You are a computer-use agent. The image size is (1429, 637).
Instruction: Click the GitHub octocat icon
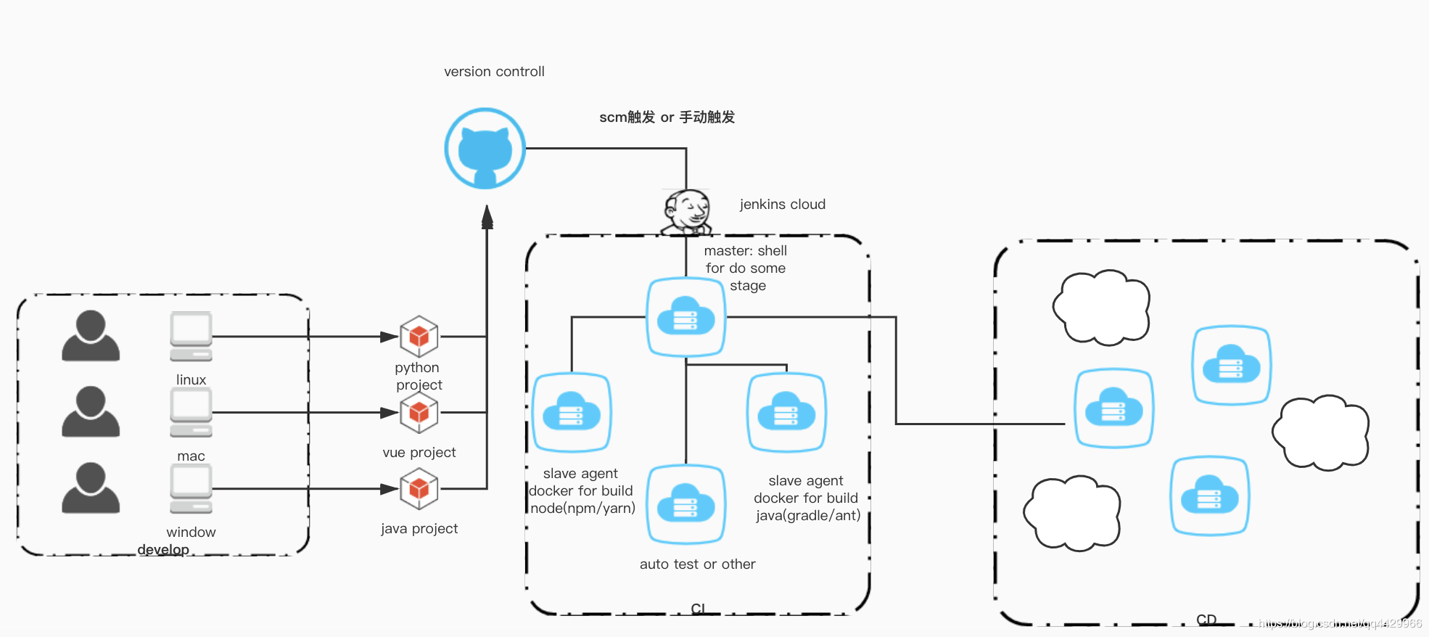[x=485, y=149]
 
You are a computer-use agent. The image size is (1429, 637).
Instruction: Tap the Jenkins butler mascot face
[x=687, y=211]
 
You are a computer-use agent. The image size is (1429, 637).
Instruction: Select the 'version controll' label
[x=494, y=72]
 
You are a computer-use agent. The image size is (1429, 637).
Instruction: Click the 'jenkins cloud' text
[x=782, y=205]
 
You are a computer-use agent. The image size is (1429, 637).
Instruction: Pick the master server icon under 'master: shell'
[x=685, y=317]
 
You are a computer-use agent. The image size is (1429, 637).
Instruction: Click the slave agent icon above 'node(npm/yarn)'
[x=572, y=412]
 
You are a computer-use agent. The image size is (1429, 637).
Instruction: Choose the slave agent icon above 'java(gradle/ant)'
[x=786, y=412]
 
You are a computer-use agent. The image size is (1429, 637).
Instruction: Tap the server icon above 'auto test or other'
[x=685, y=504]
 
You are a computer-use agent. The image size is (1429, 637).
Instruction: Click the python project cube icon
[x=419, y=337]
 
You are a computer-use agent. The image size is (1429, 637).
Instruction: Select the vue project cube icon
[x=419, y=412]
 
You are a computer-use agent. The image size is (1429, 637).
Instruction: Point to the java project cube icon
[x=419, y=489]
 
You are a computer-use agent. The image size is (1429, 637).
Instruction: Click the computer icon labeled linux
[x=191, y=336]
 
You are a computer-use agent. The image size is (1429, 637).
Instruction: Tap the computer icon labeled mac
[x=191, y=411]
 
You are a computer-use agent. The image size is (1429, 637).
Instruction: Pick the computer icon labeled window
[x=191, y=488]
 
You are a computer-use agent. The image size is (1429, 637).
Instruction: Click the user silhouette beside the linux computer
[x=91, y=336]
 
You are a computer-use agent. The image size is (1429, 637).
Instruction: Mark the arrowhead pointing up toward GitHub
[x=487, y=216]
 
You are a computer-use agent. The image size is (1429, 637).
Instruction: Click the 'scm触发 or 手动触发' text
[x=667, y=118]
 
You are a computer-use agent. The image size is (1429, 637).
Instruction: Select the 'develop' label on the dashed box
[x=163, y=549]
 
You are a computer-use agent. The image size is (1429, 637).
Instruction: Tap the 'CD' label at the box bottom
[x=1206, y=620]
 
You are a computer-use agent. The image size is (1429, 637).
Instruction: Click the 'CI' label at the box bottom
[x=698, y=608]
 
